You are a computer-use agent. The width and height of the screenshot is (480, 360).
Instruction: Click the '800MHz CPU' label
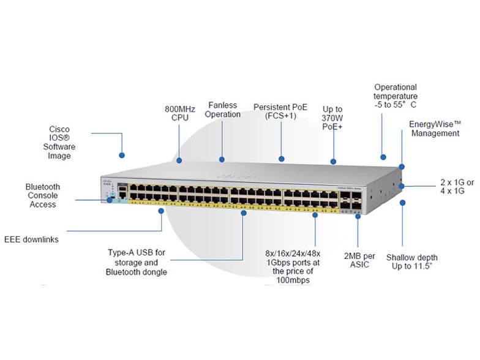pyautogui.click(x=179, y=113)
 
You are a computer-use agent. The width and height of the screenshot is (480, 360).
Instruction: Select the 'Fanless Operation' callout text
pyautogui.click(x=223, y=110)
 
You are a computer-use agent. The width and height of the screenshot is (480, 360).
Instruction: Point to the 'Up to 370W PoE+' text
pyautogui.click(x=332, y=118)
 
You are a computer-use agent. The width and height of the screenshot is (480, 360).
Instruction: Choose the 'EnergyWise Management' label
pyautogui.click(x=435, y=129)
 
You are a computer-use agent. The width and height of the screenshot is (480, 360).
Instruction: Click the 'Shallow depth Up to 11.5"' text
pyautogui.click(x=411, y=262)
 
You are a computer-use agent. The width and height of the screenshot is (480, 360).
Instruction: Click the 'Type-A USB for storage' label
pyautogui.click(x=136, y=262)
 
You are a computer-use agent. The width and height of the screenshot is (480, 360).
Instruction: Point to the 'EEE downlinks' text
pyautogui.click(x=31, y=239)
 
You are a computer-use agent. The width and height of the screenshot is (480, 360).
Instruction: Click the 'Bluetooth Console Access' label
pyautogui.click(x=43, y=195)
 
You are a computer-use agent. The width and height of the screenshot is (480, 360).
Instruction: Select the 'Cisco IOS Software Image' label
pyautogui.click(x=59, y=143)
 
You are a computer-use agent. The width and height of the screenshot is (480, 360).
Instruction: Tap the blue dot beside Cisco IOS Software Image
pyautogui.click(x=122, y=156)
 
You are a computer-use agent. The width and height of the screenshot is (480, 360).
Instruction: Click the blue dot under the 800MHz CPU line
pyautogui.click(x=180, y=160)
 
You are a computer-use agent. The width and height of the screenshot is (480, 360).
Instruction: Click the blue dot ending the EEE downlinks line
pyautogui.click(x=161, y=211)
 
